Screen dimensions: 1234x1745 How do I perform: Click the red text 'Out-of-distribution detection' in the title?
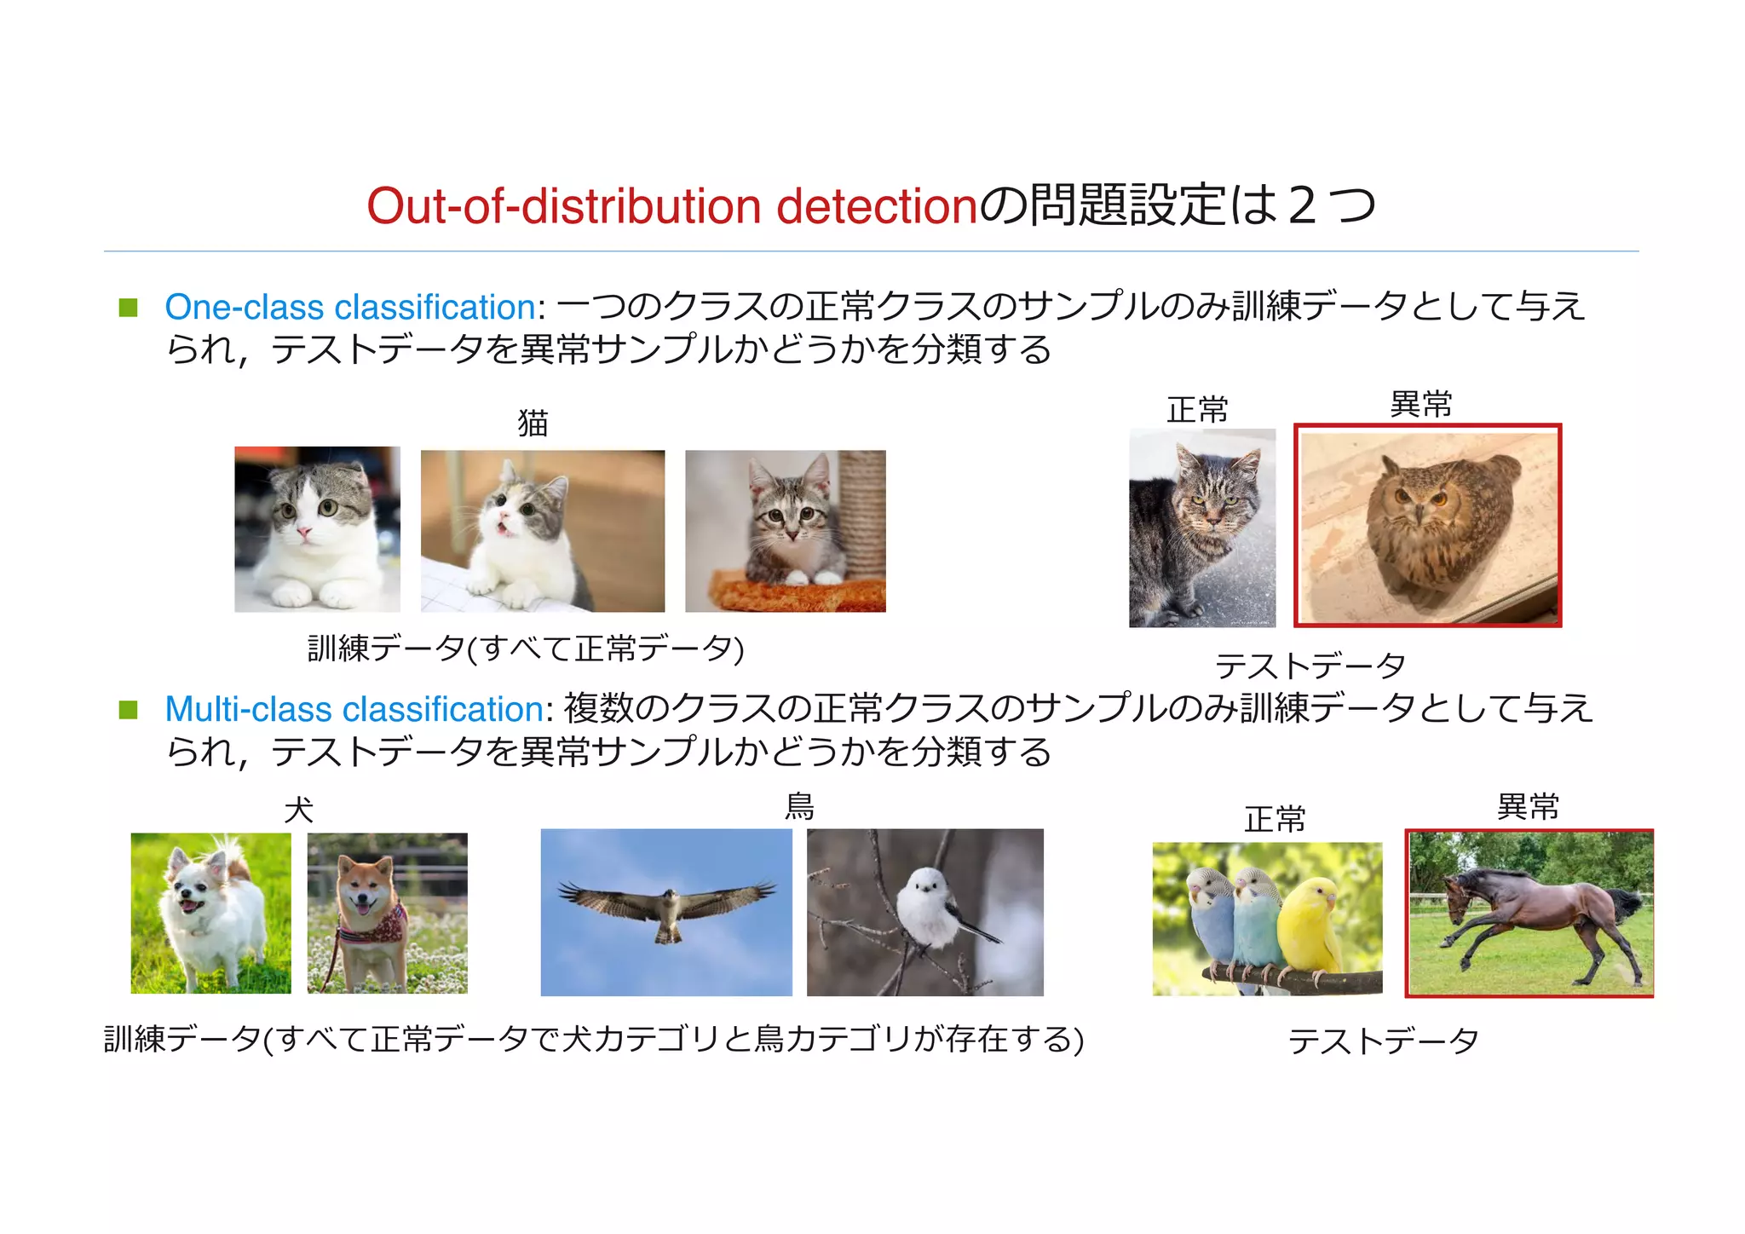click(671, 207)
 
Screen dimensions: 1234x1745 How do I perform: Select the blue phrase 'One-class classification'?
click(350, 307)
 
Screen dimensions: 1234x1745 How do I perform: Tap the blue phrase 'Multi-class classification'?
click(354, 709)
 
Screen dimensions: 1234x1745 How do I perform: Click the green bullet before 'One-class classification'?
click(129, 308)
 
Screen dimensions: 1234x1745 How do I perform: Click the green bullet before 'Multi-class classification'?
click(129, 710)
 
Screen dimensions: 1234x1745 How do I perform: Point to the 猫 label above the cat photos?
click(533, 423)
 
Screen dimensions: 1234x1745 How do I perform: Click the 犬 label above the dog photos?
click(299, 809)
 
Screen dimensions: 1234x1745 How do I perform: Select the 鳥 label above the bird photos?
click(799, 805)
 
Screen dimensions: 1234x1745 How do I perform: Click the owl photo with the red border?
click(1427, 526)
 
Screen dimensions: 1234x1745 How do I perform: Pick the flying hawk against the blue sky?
click(667, 909)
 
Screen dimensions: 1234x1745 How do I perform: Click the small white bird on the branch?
click(929, 908)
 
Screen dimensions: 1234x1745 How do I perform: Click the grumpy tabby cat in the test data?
click(1202, 528)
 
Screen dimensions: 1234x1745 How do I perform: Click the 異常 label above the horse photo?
click(1528, 806)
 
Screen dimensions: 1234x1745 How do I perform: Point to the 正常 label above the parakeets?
click(1275, 819)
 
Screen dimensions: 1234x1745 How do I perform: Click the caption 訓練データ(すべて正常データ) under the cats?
click(526, 649)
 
